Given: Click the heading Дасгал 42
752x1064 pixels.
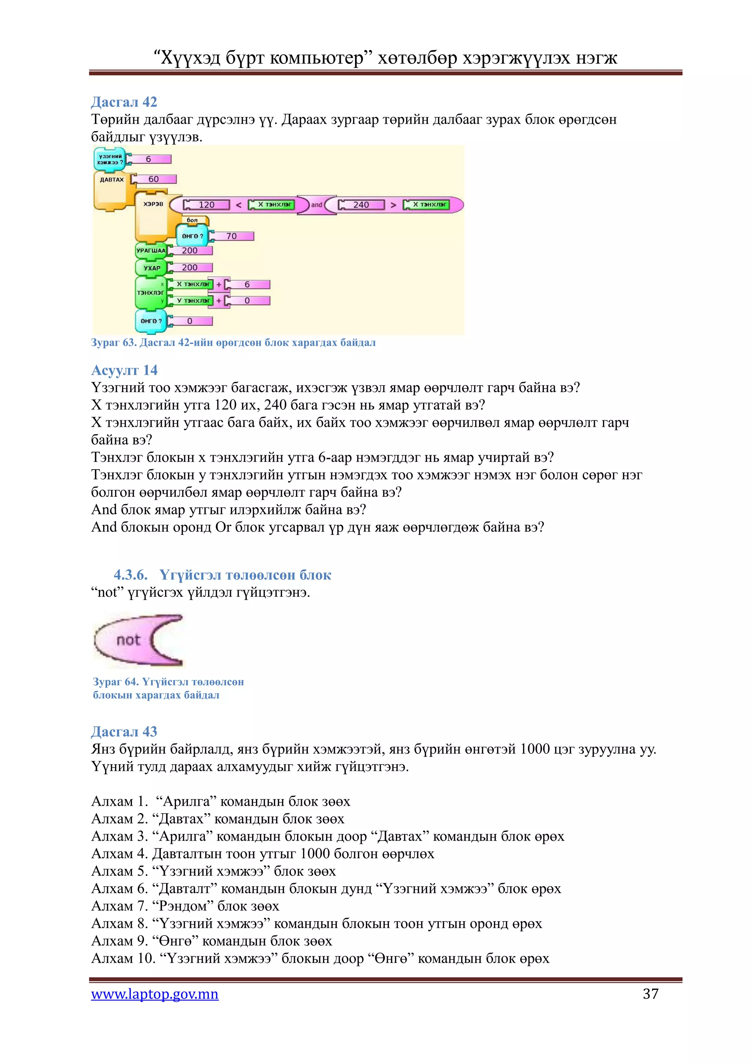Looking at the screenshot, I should (124, 101).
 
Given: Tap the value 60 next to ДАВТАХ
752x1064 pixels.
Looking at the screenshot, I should (154, 179).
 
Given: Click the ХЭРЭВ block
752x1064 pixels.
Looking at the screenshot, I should (153, 204).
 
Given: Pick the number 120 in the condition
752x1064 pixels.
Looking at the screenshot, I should (206, 205).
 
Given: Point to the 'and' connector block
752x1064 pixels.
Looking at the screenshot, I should (316, 205).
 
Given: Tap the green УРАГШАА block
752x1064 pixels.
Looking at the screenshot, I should (151, 251).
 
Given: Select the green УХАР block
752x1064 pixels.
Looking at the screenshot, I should (151, 268).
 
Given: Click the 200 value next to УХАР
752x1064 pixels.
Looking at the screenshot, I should (189, 268).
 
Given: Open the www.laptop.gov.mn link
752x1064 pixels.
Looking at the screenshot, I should (155, 994).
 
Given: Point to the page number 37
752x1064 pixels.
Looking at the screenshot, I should (651, 994).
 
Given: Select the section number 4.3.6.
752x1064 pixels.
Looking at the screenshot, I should (131, 575).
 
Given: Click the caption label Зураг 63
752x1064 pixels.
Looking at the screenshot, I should (113, 342).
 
